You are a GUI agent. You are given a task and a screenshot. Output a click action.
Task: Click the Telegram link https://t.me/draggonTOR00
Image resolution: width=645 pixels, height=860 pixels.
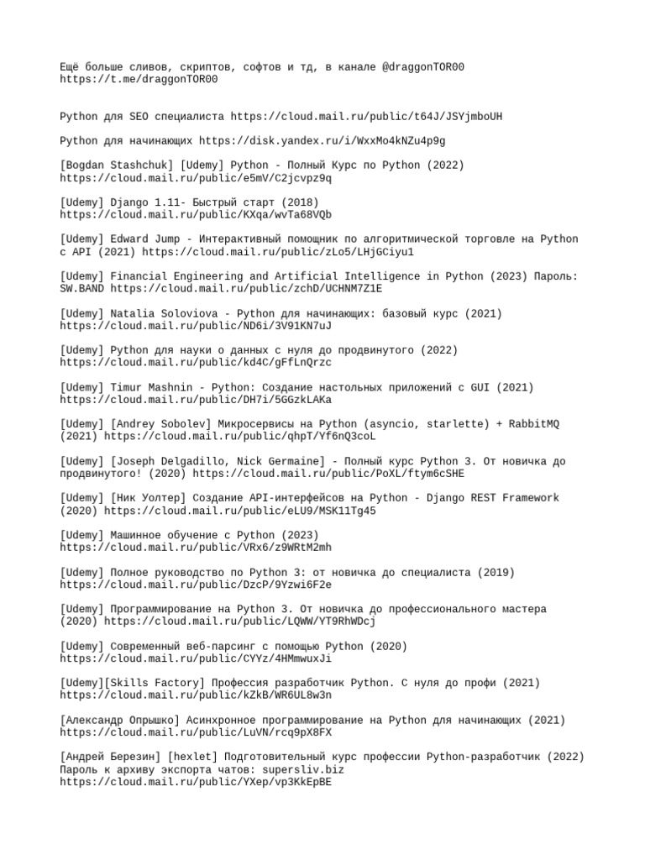coord(139,80)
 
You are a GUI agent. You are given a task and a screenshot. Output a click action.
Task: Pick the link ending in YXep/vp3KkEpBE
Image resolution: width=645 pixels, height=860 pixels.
coord(196,782)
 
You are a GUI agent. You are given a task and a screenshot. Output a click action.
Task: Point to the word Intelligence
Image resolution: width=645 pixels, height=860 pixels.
coord(369,276)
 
